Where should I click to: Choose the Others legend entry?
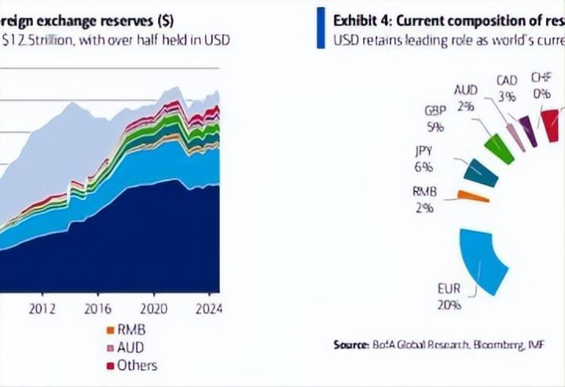coord(137,364)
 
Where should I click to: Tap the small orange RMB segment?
coord(473,196)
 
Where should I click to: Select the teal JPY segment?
coord(481,173)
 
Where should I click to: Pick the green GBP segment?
coord(499,149)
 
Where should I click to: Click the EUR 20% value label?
coord(449,297)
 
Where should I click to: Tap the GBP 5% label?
coord(435,118)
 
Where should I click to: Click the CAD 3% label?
coord(507,89)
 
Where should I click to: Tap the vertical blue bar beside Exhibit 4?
coord(320,28)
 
